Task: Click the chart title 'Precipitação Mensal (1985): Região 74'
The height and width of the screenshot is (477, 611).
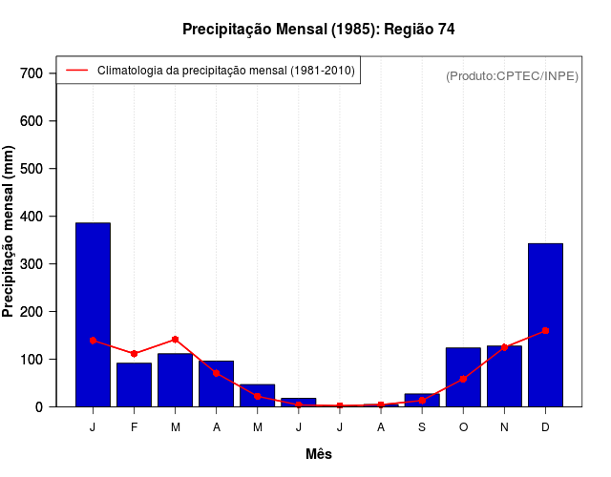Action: point(318,30)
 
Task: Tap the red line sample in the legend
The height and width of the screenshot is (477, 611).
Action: point(76,70)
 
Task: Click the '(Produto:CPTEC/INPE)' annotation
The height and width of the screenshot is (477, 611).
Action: point(512,75)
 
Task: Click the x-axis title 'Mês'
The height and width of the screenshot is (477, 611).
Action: point(319,454)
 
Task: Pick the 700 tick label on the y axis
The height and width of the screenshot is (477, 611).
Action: point(32,73)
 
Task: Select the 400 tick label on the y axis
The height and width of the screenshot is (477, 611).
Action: point(32,217)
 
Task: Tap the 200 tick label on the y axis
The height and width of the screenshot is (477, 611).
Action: point(32,312)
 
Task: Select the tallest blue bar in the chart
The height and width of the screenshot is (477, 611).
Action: point(93,315)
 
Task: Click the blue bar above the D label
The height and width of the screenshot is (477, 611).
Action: point(545,324)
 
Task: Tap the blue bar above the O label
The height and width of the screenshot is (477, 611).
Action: point(463,377)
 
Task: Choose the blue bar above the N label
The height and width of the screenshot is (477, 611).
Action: point(504,376)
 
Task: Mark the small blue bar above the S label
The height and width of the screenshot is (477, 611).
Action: point(422,400)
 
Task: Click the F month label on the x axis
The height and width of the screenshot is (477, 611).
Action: point(134,426)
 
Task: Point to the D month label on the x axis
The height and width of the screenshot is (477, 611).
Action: point(545,426)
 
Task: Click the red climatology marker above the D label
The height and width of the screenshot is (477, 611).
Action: point(545,330)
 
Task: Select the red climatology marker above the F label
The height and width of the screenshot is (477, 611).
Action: point(134,354)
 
